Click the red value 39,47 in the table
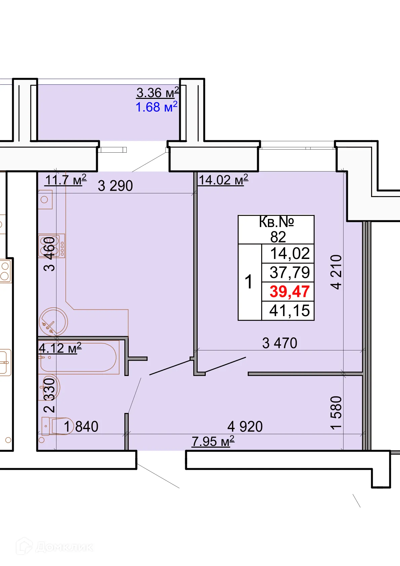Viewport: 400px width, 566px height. (289, 292)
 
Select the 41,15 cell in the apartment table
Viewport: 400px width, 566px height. (289, 311)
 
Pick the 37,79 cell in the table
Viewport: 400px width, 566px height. (289, 272)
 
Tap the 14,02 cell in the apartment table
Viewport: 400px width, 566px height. (289, 254)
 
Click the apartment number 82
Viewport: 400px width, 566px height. (278, 237)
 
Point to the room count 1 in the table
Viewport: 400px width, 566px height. (248, 282)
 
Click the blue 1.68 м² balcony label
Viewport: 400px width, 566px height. (156, 107)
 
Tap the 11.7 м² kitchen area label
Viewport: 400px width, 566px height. (66, 180)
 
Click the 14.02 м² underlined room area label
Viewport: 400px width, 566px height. (224, 180)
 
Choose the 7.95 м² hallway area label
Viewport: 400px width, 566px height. (213, 441)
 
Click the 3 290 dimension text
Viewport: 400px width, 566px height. (115, 186)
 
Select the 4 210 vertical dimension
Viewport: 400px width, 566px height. (336, 272)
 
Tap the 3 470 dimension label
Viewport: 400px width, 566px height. (280, 343)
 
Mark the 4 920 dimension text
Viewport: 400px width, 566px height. (245, 427)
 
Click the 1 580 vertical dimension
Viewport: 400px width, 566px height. (336, 413)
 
